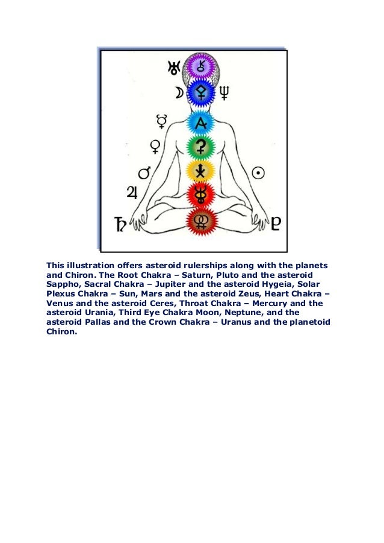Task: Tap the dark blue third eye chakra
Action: click(x=199, y=93)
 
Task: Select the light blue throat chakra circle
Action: click(x=199, y=122)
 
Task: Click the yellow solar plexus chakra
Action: click(x=199, y=171)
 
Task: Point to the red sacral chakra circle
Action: click(x=199, y=195)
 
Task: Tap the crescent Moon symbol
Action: click(x=179, y=93)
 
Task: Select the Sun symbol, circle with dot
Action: click(x=259, y=173)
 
